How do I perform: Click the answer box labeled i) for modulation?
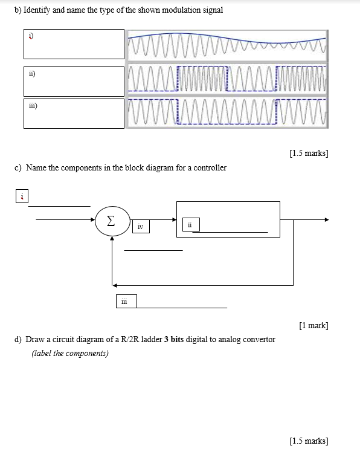tap(74, 44)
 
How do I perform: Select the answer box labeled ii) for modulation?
tap(74, 80)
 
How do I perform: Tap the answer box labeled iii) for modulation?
tap(74, 113)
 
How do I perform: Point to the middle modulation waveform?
tap(227, 79)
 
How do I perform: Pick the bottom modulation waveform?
tap(227, 112)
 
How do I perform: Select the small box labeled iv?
tap(140, 227)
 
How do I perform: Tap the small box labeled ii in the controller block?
tap(190, 225)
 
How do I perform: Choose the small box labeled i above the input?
tap(22, 196)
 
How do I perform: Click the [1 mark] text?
tap(313, 326)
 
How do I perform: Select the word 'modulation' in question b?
tap(165, 10)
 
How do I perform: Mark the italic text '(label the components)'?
tap(70, 353)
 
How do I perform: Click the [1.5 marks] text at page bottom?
tap(309, 441)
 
